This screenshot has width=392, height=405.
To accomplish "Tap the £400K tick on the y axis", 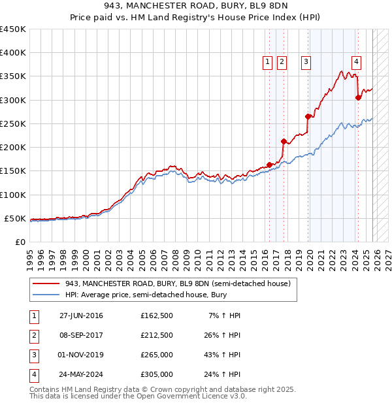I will [x=13, y=53].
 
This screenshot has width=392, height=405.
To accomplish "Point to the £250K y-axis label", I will [x=13, y=123].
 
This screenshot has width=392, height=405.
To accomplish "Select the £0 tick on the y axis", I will [x=20, y=242].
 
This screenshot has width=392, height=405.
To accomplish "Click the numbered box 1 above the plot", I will [x=268, y=63].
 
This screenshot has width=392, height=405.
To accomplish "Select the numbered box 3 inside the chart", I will [x=305, y=63].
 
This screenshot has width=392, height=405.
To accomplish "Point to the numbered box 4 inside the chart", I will [x=356, y=63].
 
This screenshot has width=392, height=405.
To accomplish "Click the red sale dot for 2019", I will [x=308, y=116].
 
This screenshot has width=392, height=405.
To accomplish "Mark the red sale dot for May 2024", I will [x=358, y=97].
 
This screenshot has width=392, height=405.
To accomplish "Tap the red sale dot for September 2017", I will [x=284, y=141].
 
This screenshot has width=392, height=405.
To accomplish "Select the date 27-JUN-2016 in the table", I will [x=81, y=316].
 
